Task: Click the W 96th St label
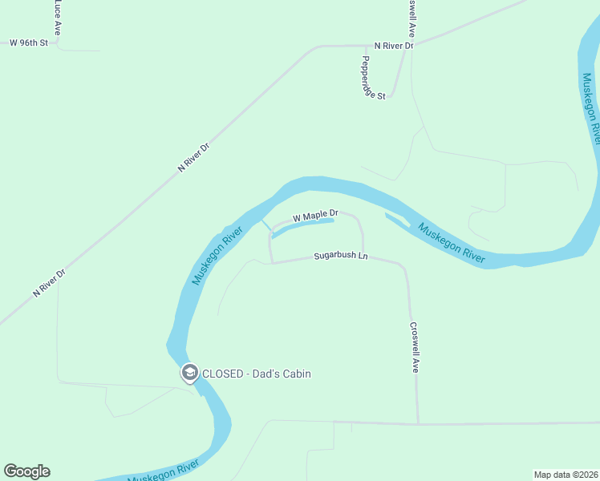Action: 29,42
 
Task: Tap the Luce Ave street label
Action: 57,16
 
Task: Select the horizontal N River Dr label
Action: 393,46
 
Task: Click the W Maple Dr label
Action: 315,216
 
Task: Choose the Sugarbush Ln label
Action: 340,256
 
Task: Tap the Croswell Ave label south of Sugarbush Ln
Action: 415,348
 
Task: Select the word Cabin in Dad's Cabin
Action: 294,374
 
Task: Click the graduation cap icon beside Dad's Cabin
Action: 190,373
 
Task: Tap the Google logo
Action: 26,471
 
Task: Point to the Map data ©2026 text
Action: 565,474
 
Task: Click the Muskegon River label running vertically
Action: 591,108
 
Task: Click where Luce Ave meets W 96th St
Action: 58,42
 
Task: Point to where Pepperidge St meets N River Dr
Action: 365,46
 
